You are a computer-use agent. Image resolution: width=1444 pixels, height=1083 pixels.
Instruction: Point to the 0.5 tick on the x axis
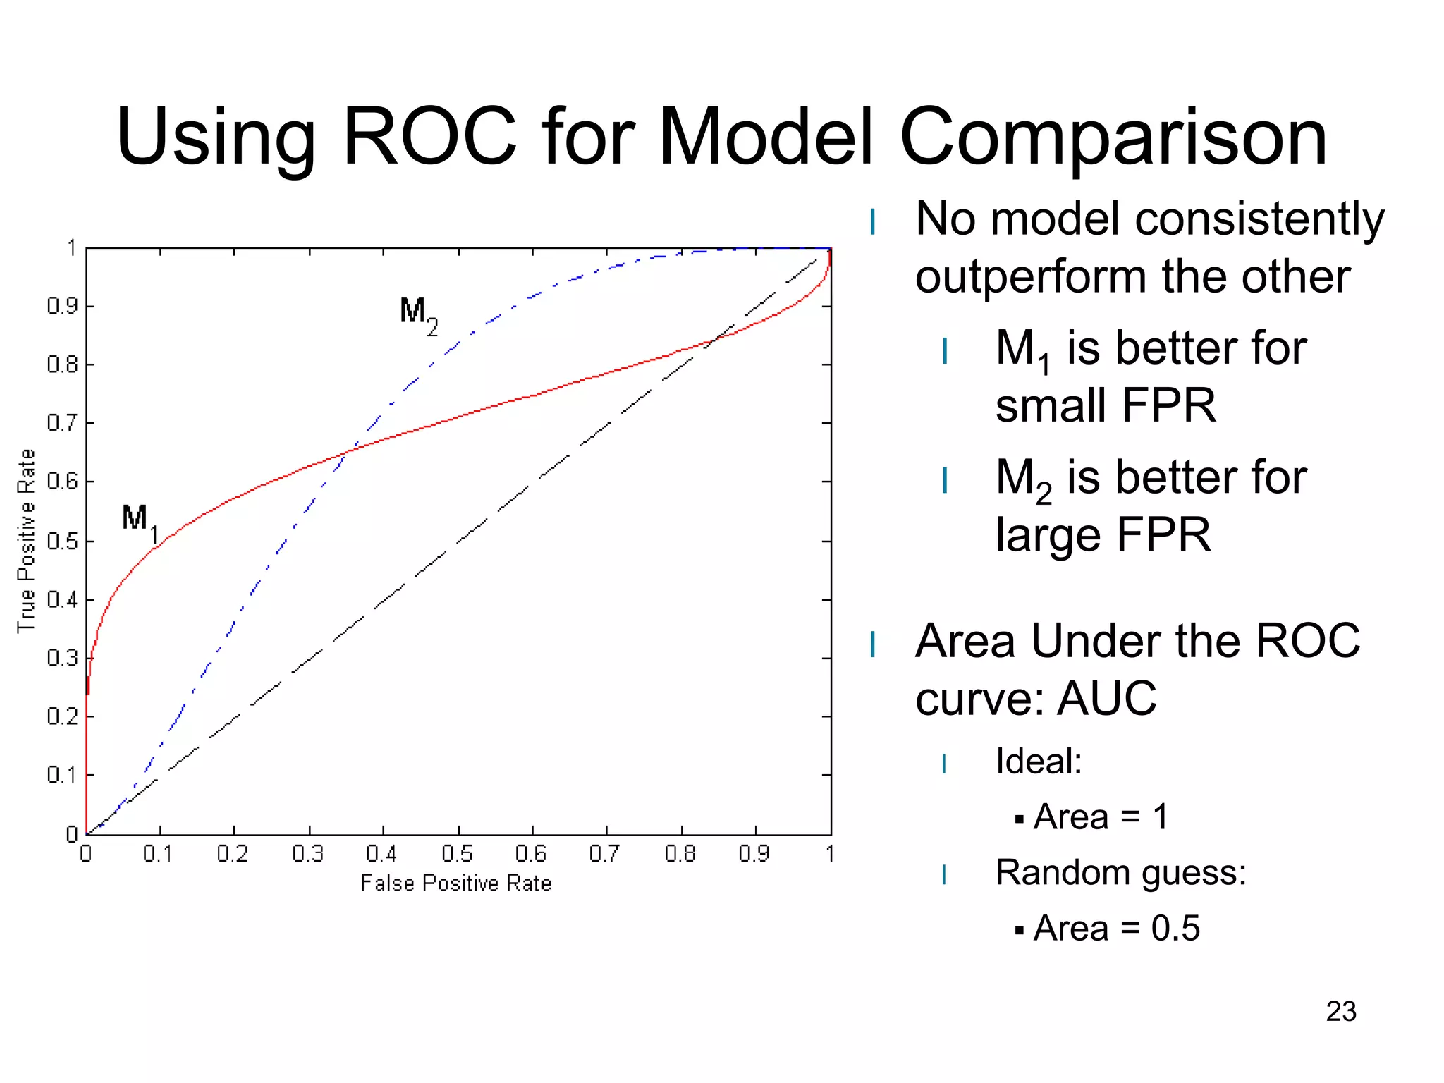457,854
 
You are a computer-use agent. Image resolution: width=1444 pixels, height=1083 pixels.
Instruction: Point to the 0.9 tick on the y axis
62,306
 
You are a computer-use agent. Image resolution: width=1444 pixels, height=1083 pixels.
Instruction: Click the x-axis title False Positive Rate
455,883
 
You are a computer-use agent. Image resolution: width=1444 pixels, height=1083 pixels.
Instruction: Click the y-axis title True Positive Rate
26,541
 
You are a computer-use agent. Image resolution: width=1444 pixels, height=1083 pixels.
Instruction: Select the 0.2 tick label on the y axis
62,716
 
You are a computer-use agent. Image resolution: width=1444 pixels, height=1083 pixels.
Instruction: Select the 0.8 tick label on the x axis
680,854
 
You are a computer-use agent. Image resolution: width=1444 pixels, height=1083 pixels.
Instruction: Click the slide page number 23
1340,1011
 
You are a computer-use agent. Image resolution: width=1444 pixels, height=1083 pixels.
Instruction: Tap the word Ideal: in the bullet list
1038,761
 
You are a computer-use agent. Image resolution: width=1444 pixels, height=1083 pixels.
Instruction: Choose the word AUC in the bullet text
1107,698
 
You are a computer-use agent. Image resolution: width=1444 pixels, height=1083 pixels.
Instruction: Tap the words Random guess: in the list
1120,872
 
